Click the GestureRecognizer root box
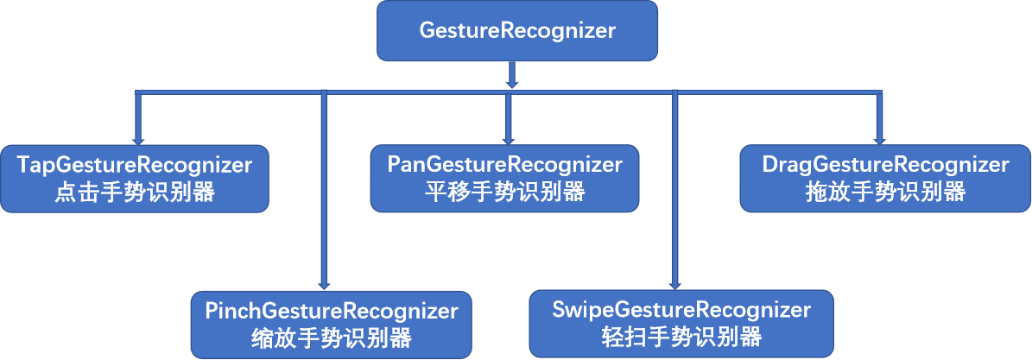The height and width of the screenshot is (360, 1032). click(x=516, y=31)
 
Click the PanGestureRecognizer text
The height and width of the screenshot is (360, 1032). click(x=504, y=164)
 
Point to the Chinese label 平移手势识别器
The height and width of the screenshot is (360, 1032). click(x=504, y=193)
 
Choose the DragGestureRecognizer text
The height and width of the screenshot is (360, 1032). click(x=885, y=164)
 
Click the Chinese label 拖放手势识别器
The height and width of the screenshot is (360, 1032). click(x=885, y=193)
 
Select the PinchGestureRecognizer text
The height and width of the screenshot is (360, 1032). click(x=332, y=309)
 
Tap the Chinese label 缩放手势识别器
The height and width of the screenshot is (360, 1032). click(x=332, y=338)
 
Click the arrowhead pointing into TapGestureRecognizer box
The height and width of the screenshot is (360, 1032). click(x=136, y=139)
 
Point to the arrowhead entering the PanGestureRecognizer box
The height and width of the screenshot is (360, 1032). click(x=508, y=139)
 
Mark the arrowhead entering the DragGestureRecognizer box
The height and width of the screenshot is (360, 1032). click(x=880, y=139)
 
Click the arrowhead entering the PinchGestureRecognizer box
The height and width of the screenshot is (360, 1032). click(x=325, y=284)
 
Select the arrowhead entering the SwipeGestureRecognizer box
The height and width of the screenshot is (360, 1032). click(x=675, y=284)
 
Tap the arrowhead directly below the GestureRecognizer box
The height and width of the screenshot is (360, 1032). click(x=512, y=83)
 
